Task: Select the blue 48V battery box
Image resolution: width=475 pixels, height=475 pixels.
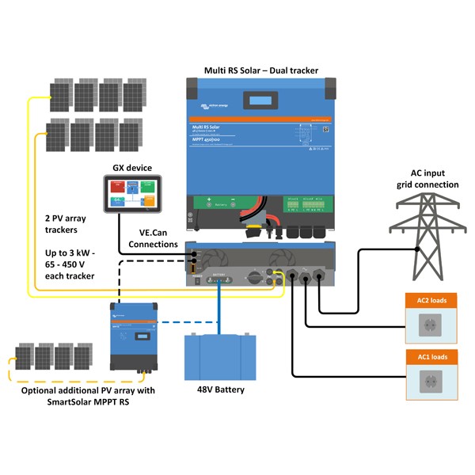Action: click(x=221, y=357)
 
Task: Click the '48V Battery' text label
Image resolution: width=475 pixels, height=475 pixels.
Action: click(x=221, y=389)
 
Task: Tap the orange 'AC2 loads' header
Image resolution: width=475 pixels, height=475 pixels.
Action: click(x=432, y=302)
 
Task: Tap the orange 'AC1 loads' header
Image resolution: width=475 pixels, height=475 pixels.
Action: click(x=432, y=357)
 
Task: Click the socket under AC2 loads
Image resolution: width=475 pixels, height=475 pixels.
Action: click(x=432, y=324)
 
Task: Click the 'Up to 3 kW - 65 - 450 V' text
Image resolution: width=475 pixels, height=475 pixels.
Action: click(x=70, y=265)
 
